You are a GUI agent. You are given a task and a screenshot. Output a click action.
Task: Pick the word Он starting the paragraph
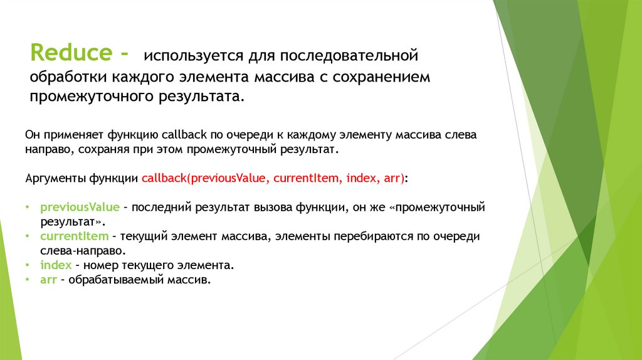(x=32, y=135)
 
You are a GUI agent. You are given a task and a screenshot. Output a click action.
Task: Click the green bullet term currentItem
(x=65, y=236)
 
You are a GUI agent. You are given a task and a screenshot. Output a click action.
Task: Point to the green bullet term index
(x=55, y=265)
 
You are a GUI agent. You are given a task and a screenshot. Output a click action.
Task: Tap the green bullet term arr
(x=48, y=280)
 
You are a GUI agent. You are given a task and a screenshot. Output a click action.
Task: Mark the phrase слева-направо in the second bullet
(x=71, y=250)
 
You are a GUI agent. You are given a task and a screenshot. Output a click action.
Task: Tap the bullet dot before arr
(x=28, y=280)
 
